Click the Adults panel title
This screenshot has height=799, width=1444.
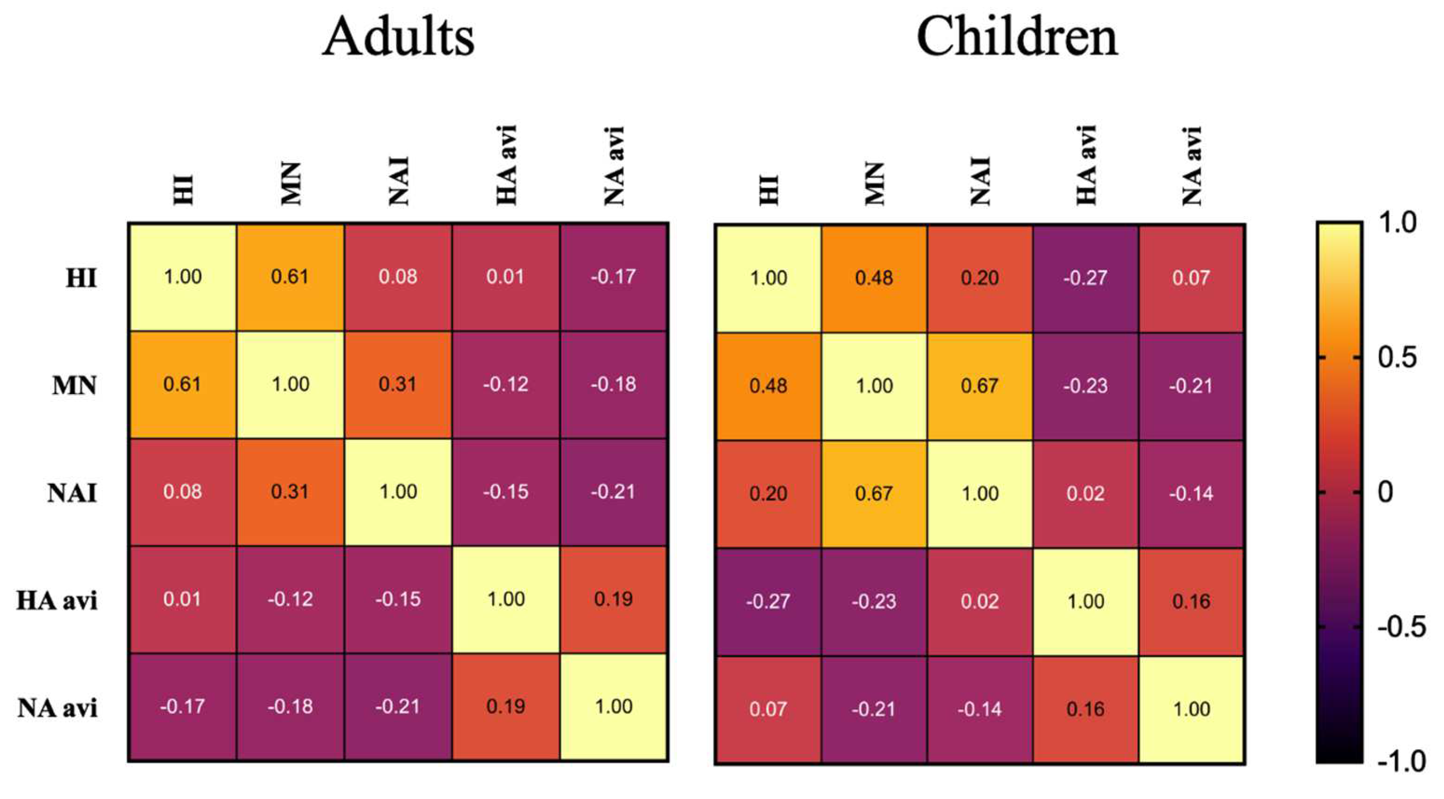pyautogui.click(x=399, y=37)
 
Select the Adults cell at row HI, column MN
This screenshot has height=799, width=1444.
pyautogui.click(x=290, y=277)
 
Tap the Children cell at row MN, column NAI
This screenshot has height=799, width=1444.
pyautogui.click(x=979, y=386)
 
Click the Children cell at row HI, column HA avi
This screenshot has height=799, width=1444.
pyautogui.click(x=1085, y=278)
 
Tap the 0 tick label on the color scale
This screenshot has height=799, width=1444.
pyautogui.click(x=1385, y=492)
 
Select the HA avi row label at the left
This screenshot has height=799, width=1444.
pyautogui.click(x=57, y=600)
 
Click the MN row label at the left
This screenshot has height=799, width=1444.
pyautogui.click(x=74, y=386)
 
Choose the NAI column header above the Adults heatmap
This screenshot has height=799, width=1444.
pyautogui.click(x=399, y=180)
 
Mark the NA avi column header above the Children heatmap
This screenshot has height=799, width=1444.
pyautogui.click(x=1192, y=166)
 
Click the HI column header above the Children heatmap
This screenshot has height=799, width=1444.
pyautogui.click(x=769, y=189)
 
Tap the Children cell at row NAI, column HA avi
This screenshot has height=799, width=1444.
pyautogui.click(x=1085, y=494)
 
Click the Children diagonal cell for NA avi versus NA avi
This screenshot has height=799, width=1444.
pyautogui.click(x=1191, y=709)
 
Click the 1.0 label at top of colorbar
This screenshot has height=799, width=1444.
pyautogui.click(x=1397, y=223)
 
